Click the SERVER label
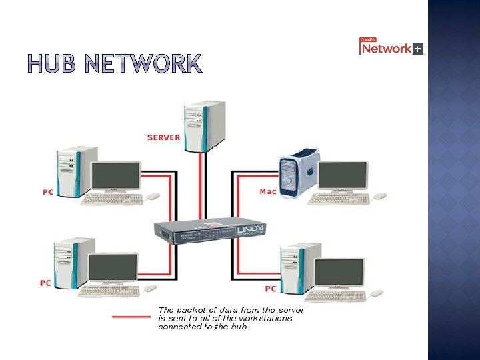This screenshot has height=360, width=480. (163, 137)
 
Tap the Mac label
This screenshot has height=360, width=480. (267, 191)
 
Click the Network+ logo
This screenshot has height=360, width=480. (391, 47)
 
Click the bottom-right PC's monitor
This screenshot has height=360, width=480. (339, 272)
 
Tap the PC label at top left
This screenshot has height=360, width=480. (48, 192)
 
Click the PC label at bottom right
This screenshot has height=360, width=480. (271, 289)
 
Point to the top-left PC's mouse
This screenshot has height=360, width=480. (153, 197)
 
